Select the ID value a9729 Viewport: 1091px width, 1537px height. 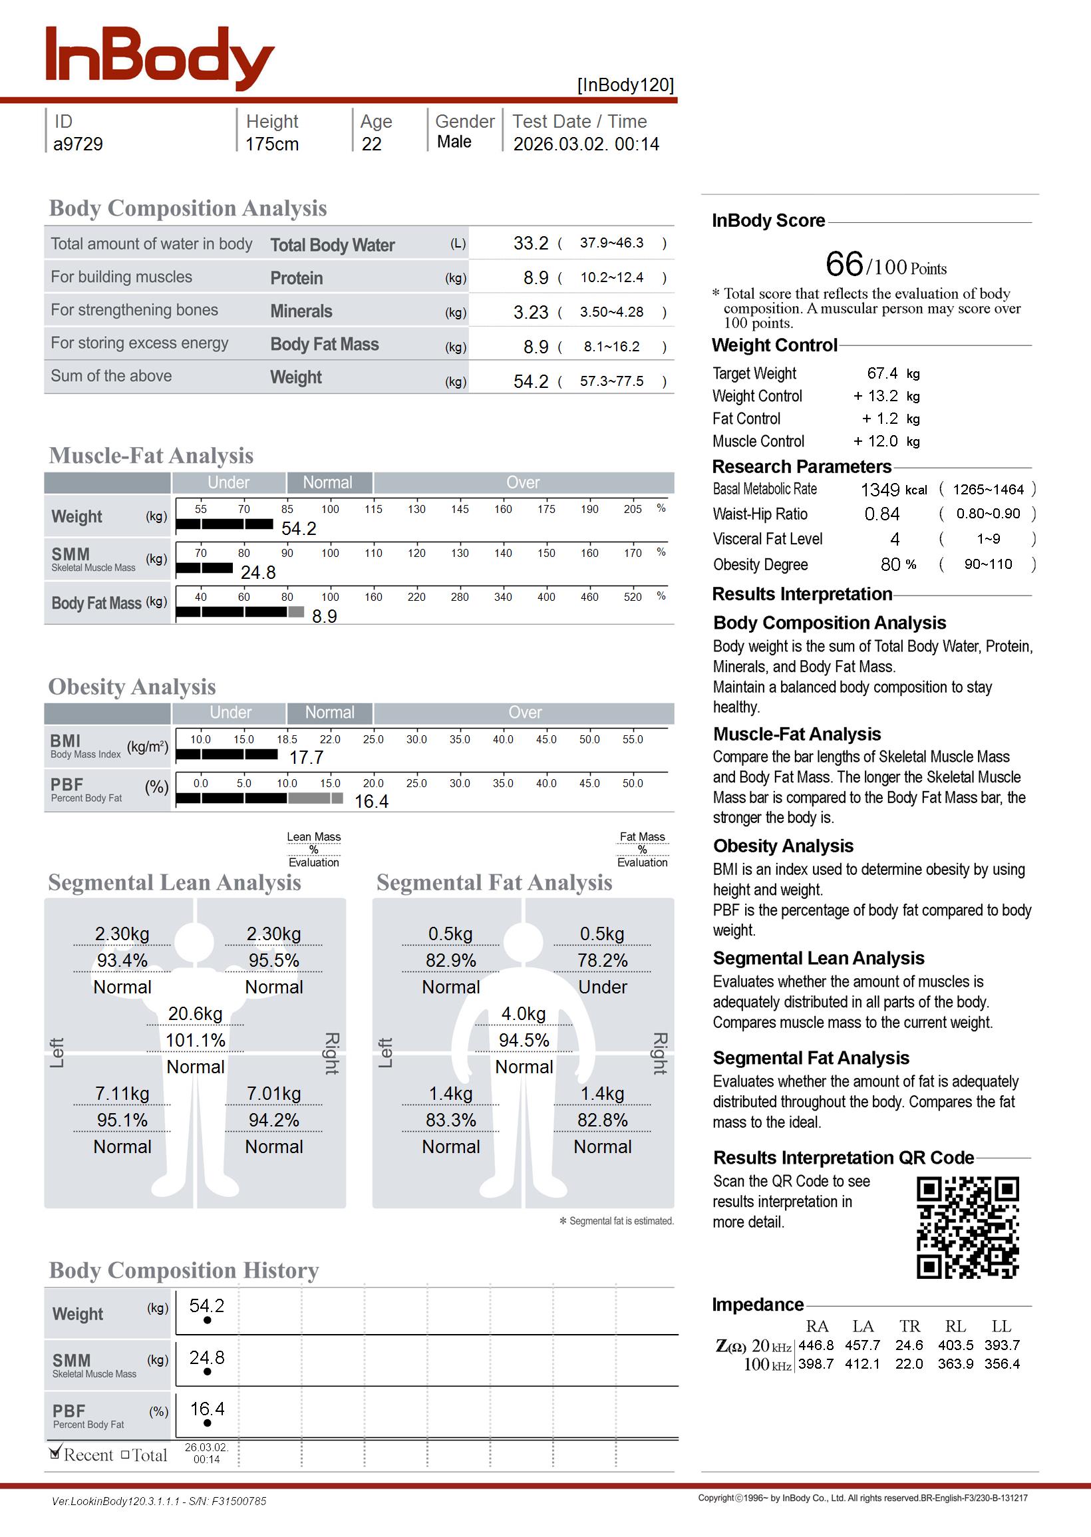point(78,144)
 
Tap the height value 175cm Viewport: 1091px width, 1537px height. point(271,144)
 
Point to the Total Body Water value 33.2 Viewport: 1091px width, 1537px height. point(531,243)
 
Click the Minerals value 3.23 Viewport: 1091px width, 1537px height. point(531,312)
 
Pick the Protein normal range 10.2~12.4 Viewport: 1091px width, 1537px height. point(611,277)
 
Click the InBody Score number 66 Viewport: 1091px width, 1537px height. point(844,264)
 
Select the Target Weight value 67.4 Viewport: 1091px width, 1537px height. point(882,373)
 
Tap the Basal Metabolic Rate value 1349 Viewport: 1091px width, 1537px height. point(880,490)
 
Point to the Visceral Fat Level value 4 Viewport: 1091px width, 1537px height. point(895,540)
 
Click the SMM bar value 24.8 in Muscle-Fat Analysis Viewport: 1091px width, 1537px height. point(258,572)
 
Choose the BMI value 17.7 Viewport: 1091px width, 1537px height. point(306,758)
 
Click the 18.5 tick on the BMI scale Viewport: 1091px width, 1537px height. point(287,739)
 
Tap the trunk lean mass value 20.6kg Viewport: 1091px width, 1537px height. point(196,1014)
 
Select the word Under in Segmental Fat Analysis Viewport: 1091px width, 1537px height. point(603,987)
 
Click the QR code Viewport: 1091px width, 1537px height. point(967,1228)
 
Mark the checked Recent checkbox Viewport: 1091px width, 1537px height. point(55,1454)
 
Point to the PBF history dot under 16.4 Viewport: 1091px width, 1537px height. point(207,1423)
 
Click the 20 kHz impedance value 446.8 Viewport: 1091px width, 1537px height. point(816,1345)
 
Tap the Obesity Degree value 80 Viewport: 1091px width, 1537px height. point(890,564)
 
